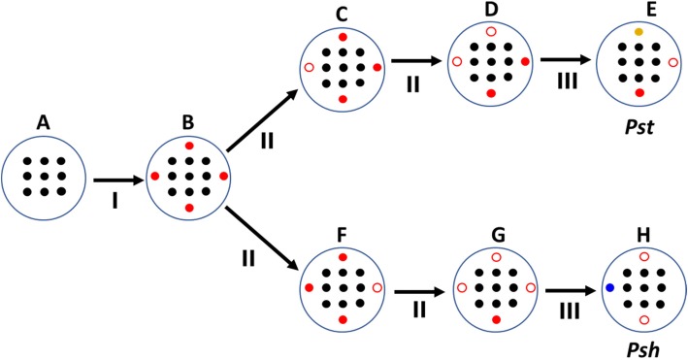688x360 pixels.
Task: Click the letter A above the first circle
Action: tap(42, 123)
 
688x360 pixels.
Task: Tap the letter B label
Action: tap(188, 123)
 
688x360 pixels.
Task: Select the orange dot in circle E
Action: tap(639, 33)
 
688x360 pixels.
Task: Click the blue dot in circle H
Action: tap(609, 288)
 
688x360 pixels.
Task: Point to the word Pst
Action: tap(639, 124)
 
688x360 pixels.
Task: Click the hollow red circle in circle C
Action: tap(309, 68)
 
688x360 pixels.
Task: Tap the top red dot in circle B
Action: tap(189, 145)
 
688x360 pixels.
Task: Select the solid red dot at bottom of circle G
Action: tap(496, 319)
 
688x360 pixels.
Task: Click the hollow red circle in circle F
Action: tap(377, 288)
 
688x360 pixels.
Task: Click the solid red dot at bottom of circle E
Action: tap(639, 92)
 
